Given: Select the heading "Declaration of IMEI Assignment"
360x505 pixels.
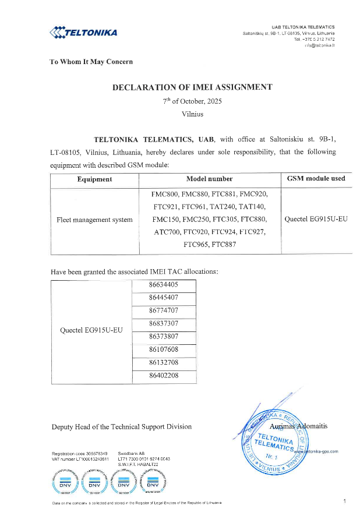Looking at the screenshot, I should coord(192,87).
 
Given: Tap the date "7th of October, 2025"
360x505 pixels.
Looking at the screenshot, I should coord(192,101).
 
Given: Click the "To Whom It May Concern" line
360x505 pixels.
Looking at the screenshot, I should coord(91,61).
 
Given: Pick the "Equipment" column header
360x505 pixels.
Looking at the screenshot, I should coord(94,179).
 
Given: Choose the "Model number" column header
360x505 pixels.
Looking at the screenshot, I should coord(209,179).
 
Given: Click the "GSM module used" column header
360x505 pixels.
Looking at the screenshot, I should coord(316,179).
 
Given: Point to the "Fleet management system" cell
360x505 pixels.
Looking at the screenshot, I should coord(94,220).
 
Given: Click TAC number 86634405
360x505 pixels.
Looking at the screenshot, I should coord(163,285).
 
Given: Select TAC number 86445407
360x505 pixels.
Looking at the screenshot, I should coord(163,298).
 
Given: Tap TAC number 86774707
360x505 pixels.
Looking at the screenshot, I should coord(163,310).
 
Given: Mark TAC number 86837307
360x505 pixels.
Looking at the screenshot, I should coord(163,323).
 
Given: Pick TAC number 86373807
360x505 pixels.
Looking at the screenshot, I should coord(163,336).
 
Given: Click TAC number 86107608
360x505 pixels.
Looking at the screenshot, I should coord(163,349).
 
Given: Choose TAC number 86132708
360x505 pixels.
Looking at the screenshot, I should coord(163,362).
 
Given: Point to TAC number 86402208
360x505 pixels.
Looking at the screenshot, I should coord(163,376).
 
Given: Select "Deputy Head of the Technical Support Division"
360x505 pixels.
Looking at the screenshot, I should coord(122,426).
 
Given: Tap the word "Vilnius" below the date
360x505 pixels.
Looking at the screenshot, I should coord(192,114).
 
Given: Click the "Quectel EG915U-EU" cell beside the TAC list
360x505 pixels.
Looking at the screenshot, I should coord(91,330).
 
